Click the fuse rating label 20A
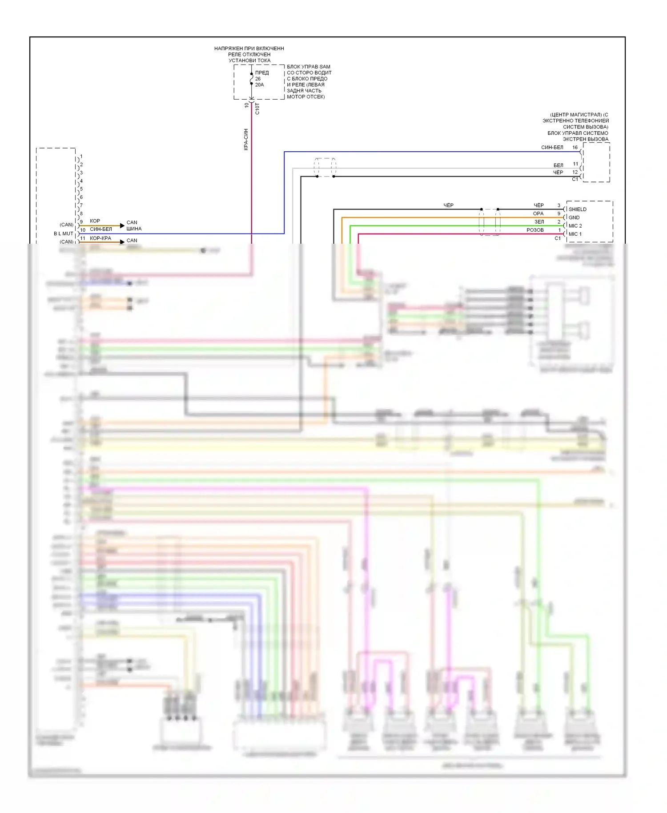259,85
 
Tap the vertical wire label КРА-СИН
246,140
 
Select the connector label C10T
257,109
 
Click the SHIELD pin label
577,209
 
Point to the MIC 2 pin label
575,226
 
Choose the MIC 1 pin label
575,234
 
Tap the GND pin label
574,217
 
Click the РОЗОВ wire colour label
535,230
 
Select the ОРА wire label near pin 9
538,213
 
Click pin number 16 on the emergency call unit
575,148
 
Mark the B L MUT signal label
64,233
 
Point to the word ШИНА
134,229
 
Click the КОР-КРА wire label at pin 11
100,238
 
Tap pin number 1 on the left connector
81,157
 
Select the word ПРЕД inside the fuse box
262,73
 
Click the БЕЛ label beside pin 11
558,165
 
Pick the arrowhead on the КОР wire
122,226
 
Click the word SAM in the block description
325,67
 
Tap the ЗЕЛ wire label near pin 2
539,222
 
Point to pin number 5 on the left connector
81,189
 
